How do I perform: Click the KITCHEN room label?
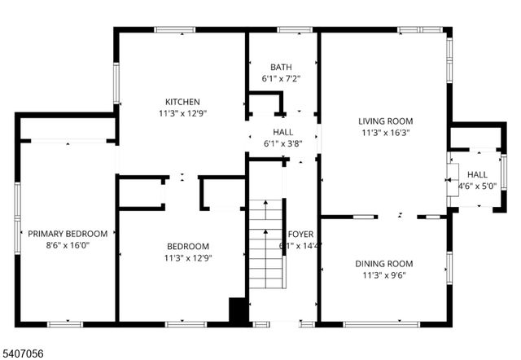[182, 102]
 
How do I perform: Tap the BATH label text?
[282, 67]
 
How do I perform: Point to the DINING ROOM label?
[383, 264]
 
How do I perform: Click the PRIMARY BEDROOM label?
[68, 234]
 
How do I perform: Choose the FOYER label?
[300, 235]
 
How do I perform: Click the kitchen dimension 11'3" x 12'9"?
[182, 113]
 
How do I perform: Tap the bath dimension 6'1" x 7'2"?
[282, 79]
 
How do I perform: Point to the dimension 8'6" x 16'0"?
[68, 245]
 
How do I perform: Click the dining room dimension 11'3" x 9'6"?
[383, 275]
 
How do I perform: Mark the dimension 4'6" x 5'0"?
[477, 186]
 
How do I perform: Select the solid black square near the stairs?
[238, 312]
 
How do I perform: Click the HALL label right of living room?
[477, 174]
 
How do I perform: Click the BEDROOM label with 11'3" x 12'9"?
[188, 247]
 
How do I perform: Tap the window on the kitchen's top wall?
[174, 30]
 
